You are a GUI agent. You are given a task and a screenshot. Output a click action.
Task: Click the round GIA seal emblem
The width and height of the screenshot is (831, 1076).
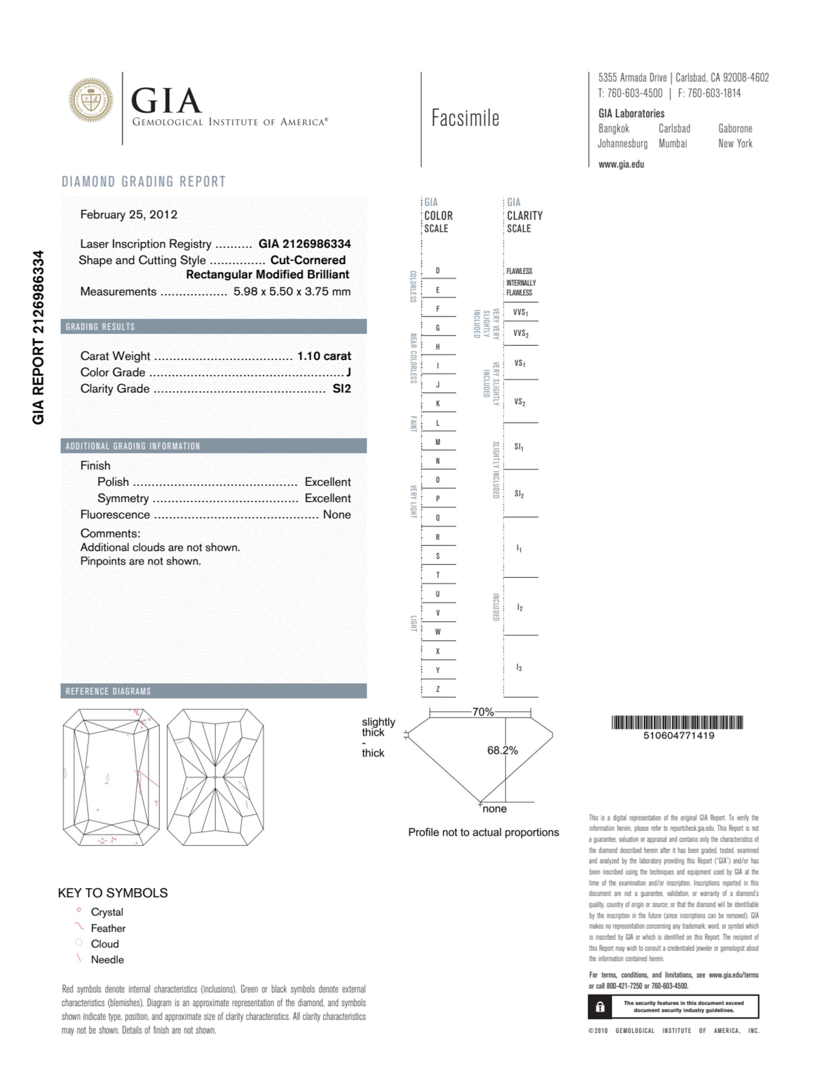click(x=91, y=100)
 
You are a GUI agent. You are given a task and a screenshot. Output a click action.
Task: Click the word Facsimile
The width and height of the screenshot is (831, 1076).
click(x=465, y=118)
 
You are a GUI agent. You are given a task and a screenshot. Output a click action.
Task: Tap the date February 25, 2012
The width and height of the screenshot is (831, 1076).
click(x=129, y=215)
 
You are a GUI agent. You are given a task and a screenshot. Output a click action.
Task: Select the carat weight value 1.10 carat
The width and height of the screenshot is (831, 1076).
click(x=324, y=356)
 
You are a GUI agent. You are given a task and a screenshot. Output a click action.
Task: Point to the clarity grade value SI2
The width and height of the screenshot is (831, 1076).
click(x=342, y=389)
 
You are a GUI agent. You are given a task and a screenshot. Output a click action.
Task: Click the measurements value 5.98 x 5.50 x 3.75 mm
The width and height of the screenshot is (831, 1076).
click(x=292, y=292)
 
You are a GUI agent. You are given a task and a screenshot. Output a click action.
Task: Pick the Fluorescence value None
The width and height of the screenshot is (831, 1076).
click(x=337, y=515)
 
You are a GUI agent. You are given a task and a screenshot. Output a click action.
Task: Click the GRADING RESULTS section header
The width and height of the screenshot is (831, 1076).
click(x=101, y=327)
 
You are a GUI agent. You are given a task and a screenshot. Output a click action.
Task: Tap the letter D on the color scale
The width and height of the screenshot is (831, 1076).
click(x=437, y=271)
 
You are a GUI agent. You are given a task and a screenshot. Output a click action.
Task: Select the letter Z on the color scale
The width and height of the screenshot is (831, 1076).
click(x=437, y=689)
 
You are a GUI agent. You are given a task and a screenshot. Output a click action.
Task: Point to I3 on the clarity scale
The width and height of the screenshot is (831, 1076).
click(x=519, y=668)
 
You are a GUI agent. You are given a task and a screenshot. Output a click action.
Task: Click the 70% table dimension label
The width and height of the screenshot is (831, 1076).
click(x=483, y=712)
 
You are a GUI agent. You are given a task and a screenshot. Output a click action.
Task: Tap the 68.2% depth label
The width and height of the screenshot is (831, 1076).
click(x=503, y=750)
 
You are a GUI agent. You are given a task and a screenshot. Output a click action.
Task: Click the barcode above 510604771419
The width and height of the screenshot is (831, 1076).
click(x=677, y=722)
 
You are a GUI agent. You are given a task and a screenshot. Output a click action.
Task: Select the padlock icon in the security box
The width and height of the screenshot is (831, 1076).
click(x=600, y=1007)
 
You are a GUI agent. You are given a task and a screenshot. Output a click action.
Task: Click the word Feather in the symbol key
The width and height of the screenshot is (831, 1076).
click(x=108, y=928)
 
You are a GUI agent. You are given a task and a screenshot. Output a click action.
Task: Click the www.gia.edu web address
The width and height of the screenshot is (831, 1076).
click(x=621, y=165)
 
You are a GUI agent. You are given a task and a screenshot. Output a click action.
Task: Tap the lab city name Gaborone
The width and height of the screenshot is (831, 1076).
click(x=735, y=129)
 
